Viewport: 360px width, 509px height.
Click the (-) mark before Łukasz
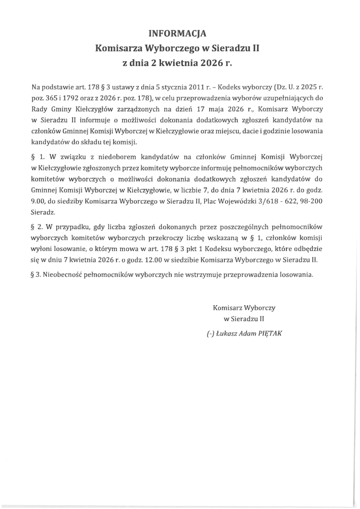pos(210,334)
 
